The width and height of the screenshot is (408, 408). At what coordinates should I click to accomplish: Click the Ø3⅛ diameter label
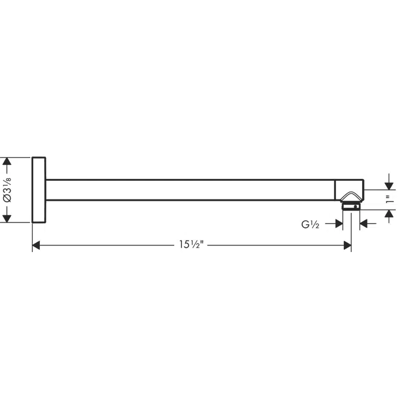click(7, 190)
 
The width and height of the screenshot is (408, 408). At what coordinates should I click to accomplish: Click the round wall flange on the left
click(39, 190)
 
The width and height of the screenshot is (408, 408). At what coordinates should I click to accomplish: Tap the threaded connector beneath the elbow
click(351, 206)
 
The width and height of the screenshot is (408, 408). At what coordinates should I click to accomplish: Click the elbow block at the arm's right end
click(349, 189)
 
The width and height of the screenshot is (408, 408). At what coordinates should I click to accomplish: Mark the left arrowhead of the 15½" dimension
click(36, 245)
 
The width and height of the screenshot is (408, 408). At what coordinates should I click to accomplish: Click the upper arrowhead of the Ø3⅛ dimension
click(7, 162)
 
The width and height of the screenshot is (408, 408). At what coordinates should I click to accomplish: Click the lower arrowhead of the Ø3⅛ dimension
click(7, 218)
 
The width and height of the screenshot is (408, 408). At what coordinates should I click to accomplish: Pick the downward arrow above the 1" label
click(389, 185)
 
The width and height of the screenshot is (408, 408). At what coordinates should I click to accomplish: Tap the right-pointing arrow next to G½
click(338, 224)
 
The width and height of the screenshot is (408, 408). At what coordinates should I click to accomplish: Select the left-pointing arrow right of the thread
click(364, 224)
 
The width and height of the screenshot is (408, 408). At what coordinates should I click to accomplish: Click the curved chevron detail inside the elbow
click(351, 196)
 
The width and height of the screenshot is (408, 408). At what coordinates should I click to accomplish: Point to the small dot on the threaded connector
click(356, 206)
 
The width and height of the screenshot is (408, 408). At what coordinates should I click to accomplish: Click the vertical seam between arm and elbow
click(335, 190)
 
